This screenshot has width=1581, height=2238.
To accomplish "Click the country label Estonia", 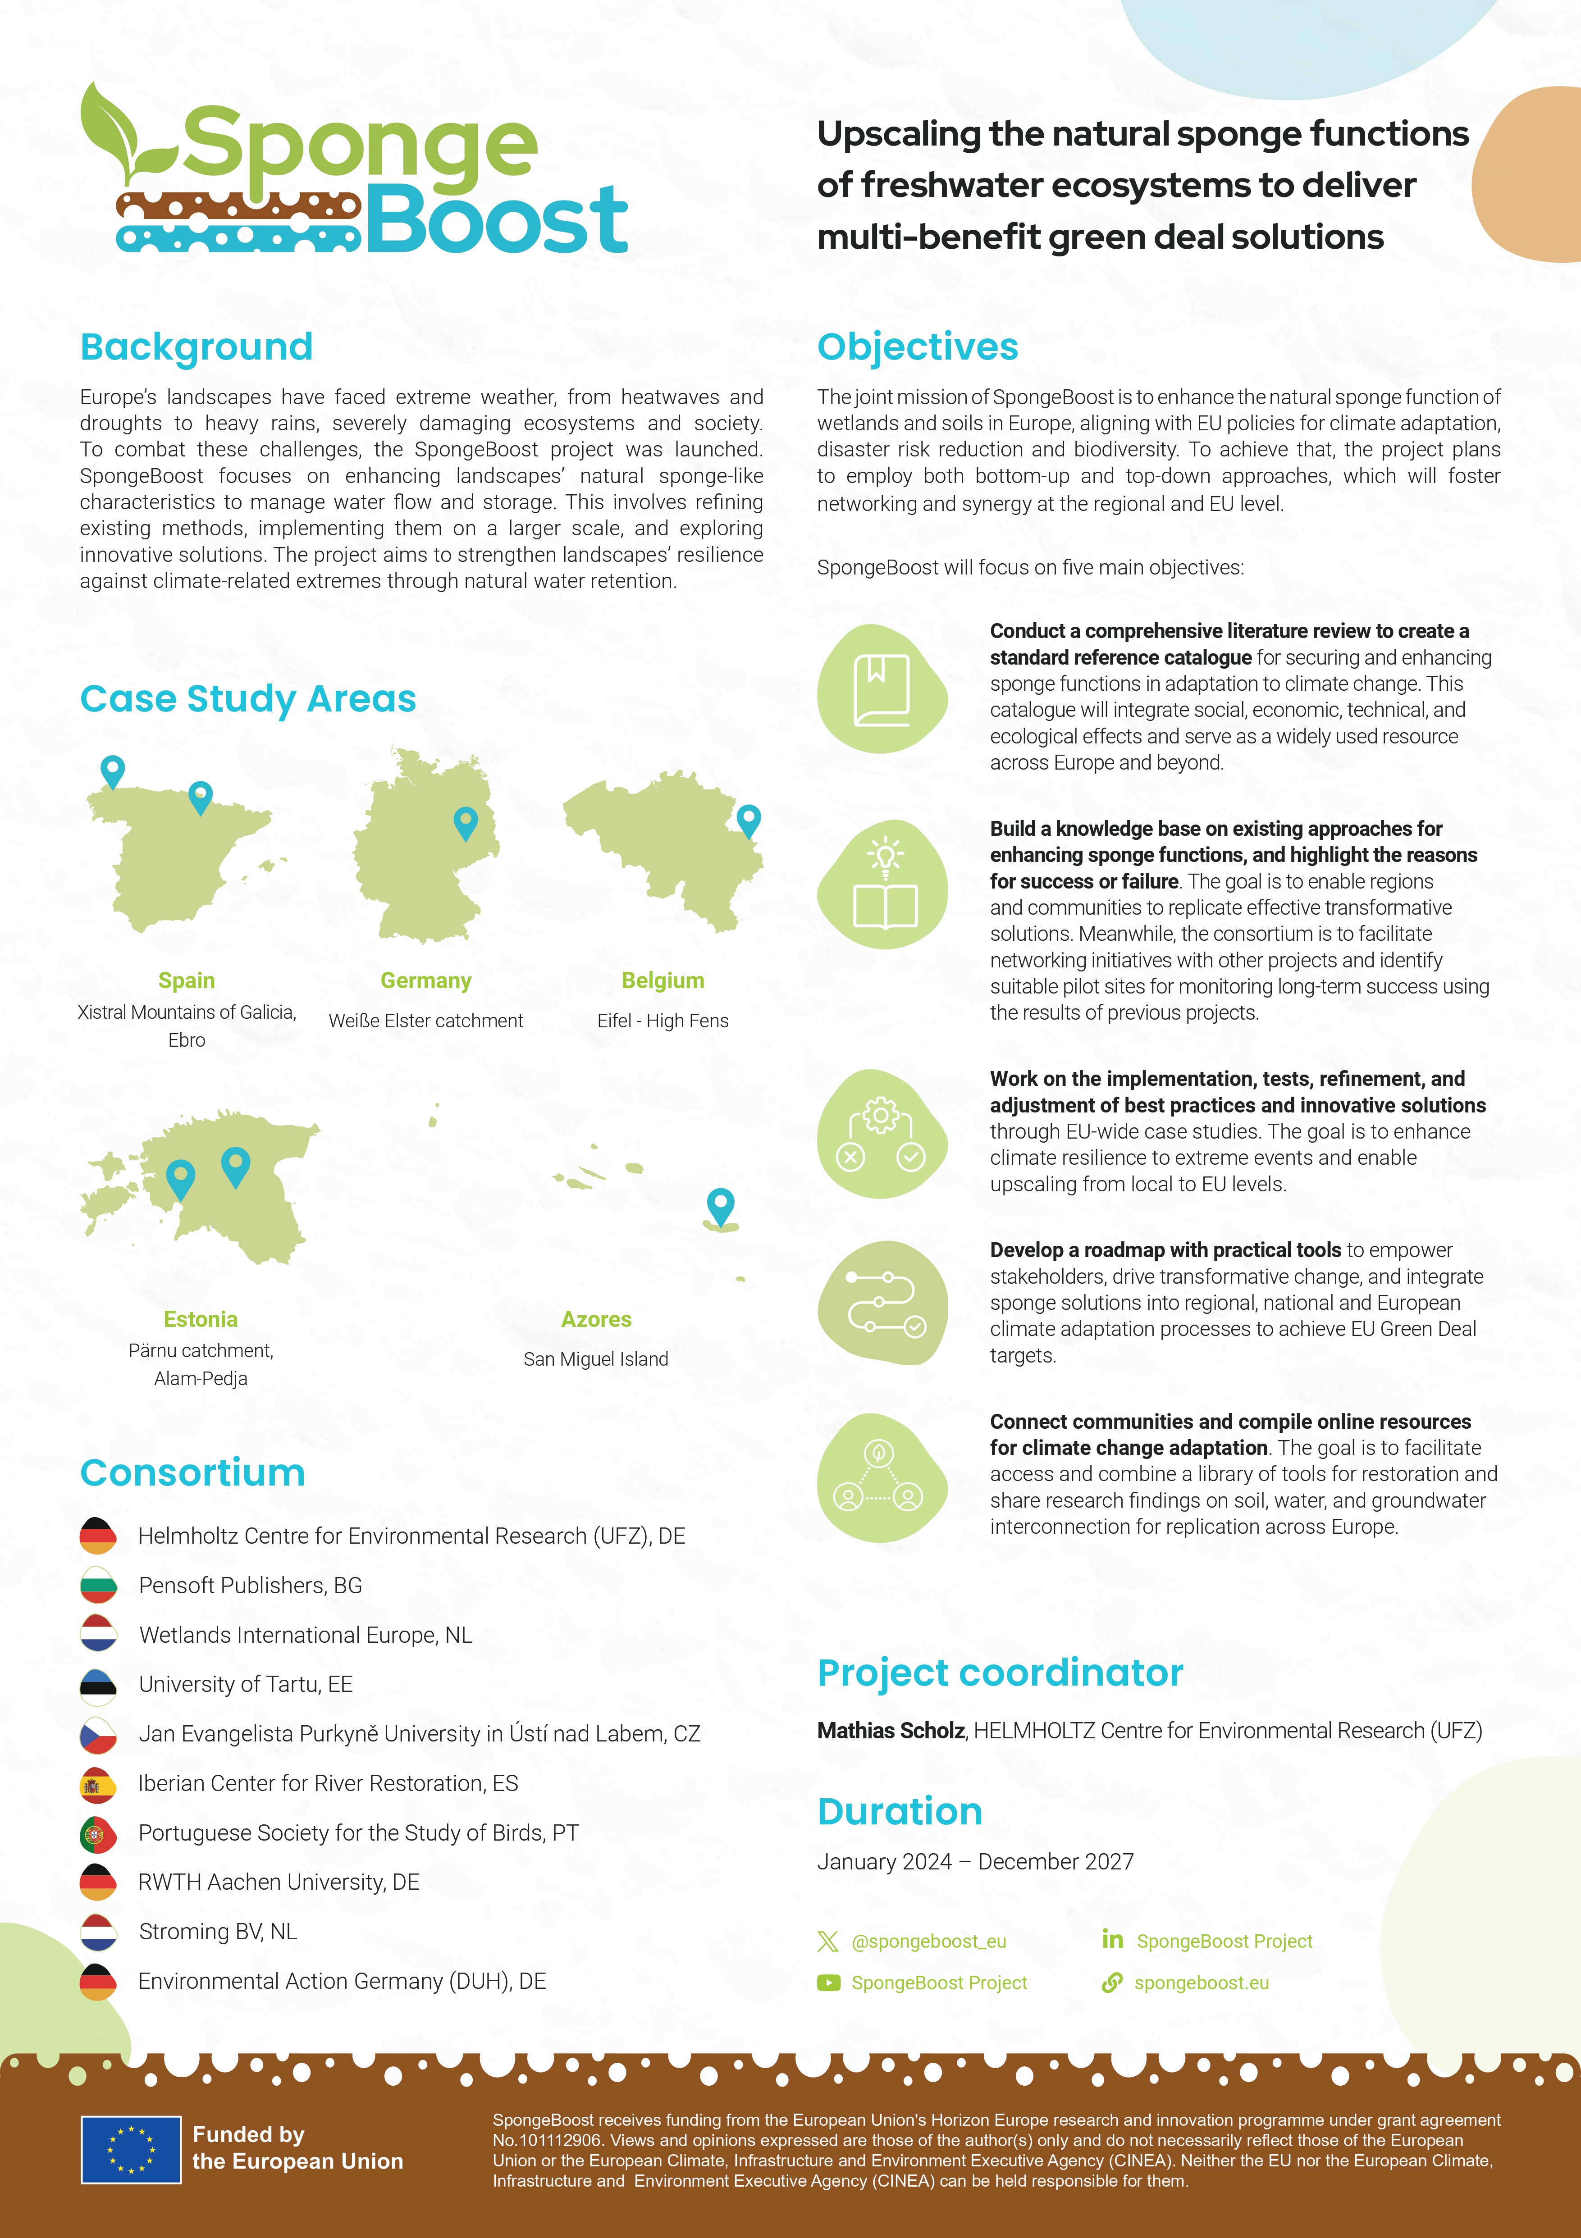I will [x=201, y=1319].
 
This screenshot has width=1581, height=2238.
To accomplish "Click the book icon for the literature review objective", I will [x=881, y=689].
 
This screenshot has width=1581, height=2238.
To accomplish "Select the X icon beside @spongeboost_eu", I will [x=827, y=1941].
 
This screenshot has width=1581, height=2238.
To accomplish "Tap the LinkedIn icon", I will [x=1112, y=1939].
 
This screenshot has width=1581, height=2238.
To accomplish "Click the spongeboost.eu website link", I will [x=1201, y=1983].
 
